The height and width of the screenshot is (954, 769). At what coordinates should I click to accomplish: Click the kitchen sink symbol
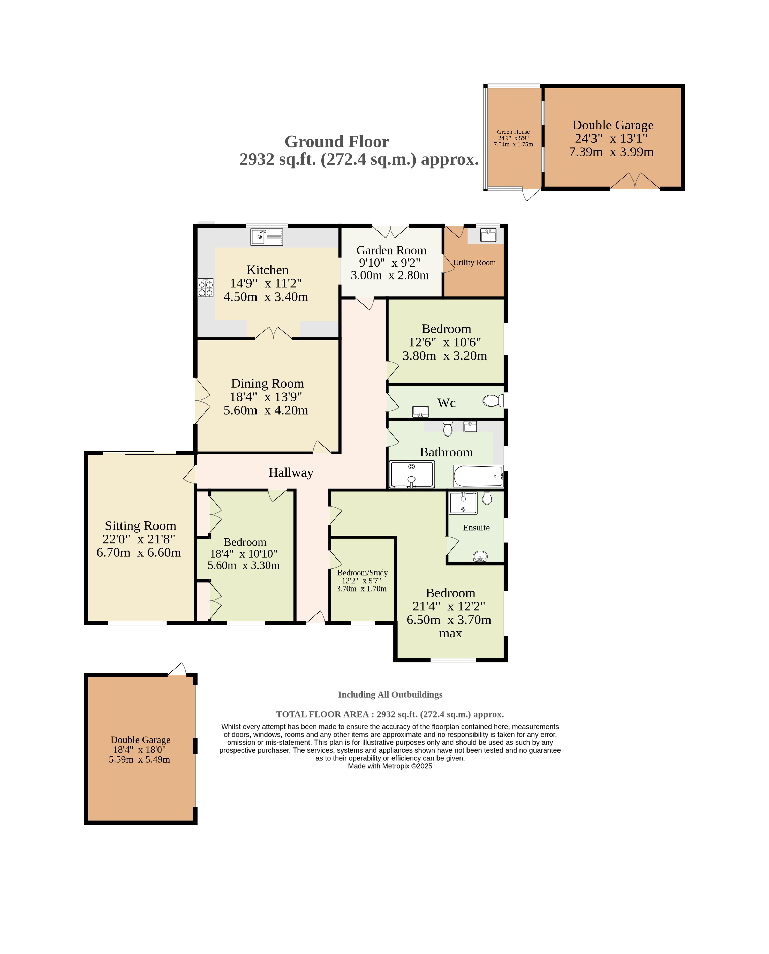coord(267,237)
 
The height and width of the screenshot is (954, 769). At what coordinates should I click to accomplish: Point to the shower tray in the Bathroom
coord(412,474)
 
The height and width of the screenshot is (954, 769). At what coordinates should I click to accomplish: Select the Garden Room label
coord(391,250)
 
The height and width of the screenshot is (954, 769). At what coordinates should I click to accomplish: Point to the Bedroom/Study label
coord(362,573)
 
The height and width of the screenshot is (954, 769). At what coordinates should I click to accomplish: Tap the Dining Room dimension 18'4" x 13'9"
coord(266,397)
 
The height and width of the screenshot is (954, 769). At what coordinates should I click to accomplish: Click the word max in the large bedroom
coord(450,634)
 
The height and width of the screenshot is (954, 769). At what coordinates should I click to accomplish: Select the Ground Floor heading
coord(337,142)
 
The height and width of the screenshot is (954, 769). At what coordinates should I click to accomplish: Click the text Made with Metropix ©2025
coord(390,766)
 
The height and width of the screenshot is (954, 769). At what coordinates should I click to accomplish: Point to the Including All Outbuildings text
coord(390,694)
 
